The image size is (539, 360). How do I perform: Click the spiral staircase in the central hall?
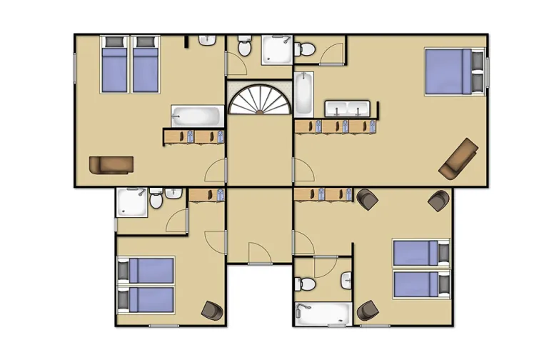260,99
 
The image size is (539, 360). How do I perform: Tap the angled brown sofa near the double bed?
458,159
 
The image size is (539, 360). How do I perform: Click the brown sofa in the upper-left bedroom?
111,164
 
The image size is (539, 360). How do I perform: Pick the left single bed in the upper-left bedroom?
114,64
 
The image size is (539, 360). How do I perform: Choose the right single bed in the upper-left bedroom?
145,64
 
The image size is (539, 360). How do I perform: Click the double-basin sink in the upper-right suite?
347,109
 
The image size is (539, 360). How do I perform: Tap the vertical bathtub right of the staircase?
303,93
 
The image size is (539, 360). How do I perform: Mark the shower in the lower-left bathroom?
131,201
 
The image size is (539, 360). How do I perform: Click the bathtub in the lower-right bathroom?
323,313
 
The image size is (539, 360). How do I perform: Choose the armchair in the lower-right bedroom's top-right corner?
438,201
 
